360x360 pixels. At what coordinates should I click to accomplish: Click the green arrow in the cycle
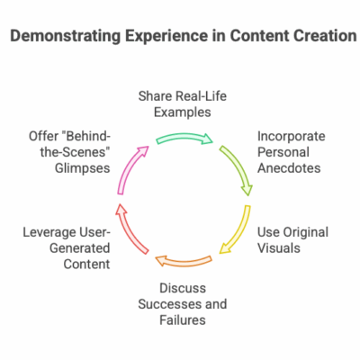(x=184, y=137)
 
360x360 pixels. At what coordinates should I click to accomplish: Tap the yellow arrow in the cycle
(x=238, y=232)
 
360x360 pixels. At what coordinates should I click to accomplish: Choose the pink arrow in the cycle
(x=129, y=168)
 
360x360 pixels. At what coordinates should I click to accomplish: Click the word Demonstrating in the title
(x=66, y=36)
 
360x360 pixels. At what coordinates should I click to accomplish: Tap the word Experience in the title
(x=166, y=37)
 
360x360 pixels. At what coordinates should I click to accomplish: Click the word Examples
(x=183, y=112)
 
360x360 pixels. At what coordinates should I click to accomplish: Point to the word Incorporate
(x=292, y=137)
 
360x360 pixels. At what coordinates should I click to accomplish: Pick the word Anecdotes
(x=289, y=168)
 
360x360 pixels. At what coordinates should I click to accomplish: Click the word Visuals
(x=279, y=248)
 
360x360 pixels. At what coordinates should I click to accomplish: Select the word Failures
(x=183, y=319)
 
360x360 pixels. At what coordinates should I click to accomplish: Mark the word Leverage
(x=49, y=233)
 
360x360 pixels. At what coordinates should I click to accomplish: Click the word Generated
(x=80, y=248)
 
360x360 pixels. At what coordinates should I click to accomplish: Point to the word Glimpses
(x=82, y=168)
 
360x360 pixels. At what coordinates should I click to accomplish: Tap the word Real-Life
(x=201, y=96)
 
